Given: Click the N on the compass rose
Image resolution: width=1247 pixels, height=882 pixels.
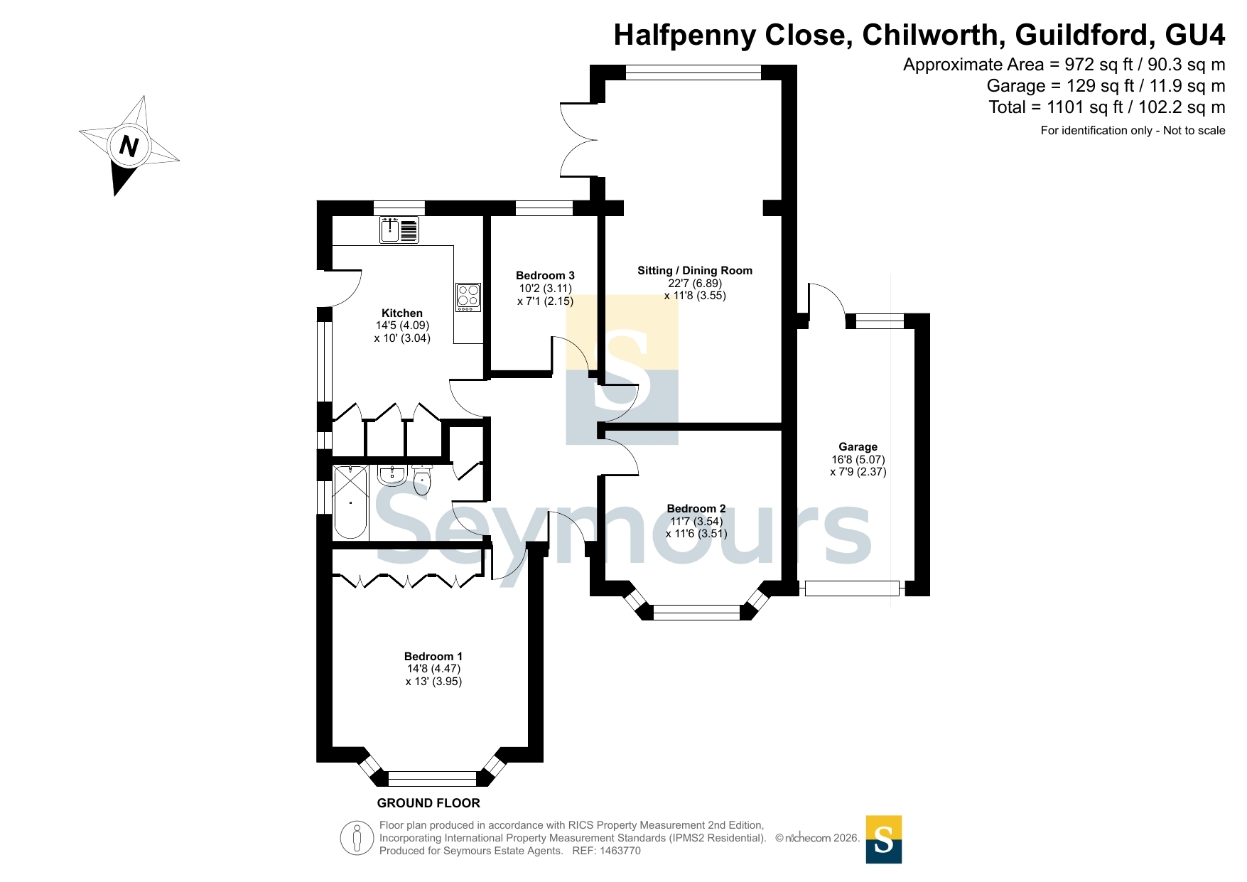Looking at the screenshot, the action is (x=129, y=146).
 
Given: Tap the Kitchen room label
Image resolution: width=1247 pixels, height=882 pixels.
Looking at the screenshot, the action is (x=402, y=313).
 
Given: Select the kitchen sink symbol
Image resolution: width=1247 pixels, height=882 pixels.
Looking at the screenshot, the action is (x=399, y=230).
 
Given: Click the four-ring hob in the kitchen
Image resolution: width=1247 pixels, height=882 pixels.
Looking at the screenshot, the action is (x=468, y=297).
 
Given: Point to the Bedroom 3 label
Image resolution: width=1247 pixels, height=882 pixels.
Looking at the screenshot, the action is (x=545, y=275).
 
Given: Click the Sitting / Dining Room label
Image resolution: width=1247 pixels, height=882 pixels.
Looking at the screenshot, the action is (x=695, y=270).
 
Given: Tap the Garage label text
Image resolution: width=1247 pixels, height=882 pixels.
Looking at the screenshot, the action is (x=858, y=446).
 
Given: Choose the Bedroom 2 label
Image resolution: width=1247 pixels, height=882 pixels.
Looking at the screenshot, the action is (x=696, y=508).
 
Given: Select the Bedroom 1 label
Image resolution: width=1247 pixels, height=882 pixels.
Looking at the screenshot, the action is (x=433, y=656).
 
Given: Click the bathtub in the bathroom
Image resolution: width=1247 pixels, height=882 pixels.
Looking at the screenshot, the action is (x=350, y=502).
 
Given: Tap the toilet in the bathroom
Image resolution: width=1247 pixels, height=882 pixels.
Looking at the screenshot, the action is (x=422, y=480).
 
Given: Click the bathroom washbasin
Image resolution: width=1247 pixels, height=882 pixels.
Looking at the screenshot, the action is (x=392, y=475).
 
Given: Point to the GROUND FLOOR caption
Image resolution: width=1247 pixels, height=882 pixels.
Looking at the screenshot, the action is (x=428, y=803).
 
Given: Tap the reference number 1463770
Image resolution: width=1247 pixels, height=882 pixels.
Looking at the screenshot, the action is (x=620, y=851).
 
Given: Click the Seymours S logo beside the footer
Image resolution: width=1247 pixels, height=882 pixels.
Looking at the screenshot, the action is (x=884, y=839).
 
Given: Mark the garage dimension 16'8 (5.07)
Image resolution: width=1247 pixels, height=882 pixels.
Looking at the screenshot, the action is (x=858, y=459).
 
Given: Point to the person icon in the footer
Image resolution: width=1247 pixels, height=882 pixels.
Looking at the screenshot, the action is (x=357, y=838).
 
